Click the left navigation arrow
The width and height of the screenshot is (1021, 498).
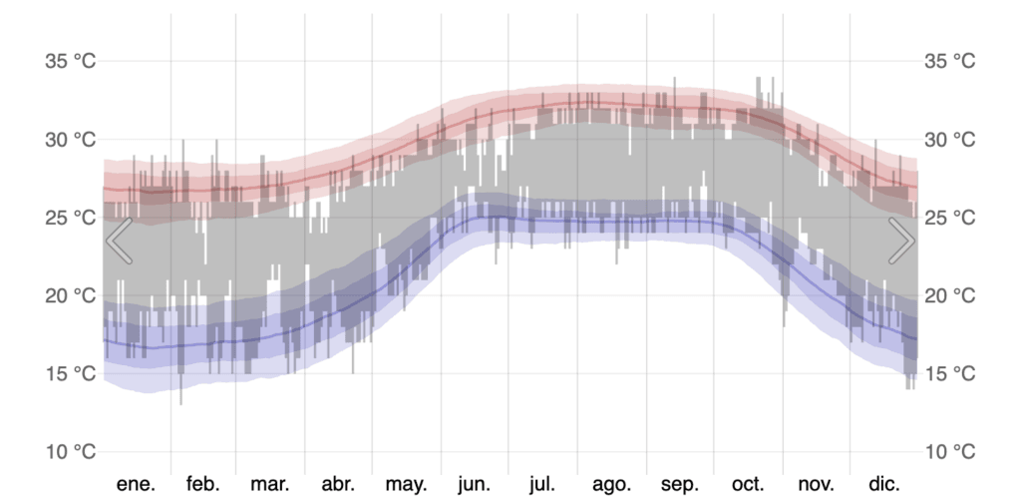click(120, 242)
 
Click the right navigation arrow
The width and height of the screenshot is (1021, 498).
click(901, 242)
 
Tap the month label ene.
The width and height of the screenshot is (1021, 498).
click(137, 484)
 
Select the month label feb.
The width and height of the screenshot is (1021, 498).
click(202, 484)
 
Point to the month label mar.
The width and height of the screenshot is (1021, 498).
click(270, 484)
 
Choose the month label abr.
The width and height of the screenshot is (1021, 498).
click(338, 484)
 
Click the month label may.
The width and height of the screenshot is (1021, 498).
click(406, 484)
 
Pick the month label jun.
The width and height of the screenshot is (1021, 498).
click(474, 484)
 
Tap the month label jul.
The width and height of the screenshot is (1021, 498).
click(542, 484)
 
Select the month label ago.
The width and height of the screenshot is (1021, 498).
click(611, 484)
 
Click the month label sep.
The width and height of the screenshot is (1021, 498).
click(680, 484)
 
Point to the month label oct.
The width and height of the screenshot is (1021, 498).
click(748, 484)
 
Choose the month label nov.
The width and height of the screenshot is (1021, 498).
click(816, 484)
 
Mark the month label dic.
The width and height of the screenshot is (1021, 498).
click(883, 484)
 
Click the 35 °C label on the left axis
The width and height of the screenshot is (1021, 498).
click(71, 61)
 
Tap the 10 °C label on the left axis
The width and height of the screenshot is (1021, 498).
click(71, 452)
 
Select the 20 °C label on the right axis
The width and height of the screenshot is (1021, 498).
click(949, 295)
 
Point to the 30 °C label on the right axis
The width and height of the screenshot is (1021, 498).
click(949, 139)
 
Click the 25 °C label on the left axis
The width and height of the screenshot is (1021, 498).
click(71, 218)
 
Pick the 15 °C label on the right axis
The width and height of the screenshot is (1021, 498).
click(949, 373)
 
